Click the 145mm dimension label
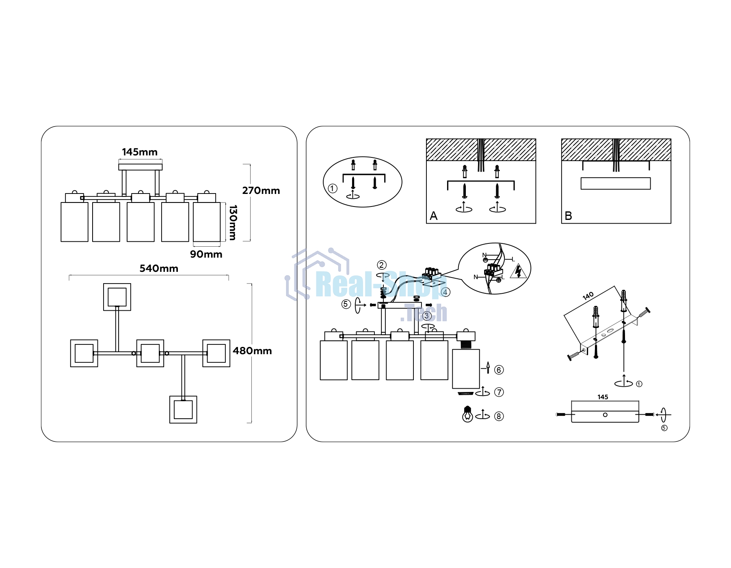click(140, 152)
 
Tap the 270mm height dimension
click(261, 191)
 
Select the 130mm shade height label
click(233, 222)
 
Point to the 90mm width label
click(206, 254)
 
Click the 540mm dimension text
click(159, 269)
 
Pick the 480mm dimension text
click(252, 351)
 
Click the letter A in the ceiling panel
click(434, 216)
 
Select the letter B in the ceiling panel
click(569, 216)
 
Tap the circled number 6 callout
click(499, 370)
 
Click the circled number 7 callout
click(499, 392)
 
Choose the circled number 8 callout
click(499, 416)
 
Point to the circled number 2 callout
click(382, 265)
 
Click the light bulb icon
click(467, 414)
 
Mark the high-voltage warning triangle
click(518, 271)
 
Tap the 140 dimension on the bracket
click(588, 296)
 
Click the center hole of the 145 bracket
click(605, 415)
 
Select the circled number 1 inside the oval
click(333, 188)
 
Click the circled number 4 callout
click(446, 292)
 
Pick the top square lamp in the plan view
click(117, 297)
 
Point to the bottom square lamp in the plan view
click(183, 410)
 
